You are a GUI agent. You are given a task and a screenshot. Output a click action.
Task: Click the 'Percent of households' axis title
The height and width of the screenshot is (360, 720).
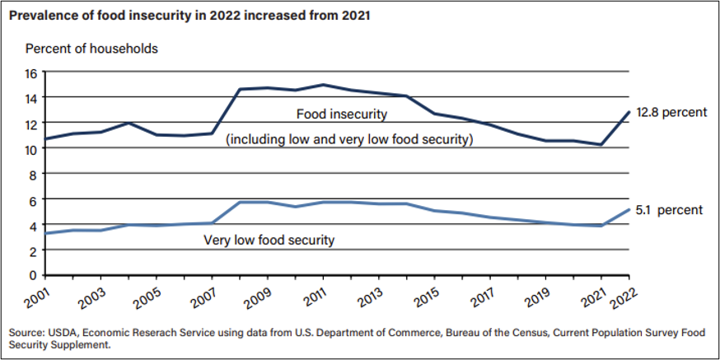pyautogui.click(x=91, y=49)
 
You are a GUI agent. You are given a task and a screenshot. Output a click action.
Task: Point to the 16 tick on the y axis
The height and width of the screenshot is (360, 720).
pyautogui.click(x=31, y=72)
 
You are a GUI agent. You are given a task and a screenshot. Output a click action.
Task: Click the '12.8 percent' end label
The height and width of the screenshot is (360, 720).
pyautogui.click(x=672, y=112)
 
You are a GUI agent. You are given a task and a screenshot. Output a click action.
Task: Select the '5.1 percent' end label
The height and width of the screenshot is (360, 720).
pyautogui.click(x=670, y=210)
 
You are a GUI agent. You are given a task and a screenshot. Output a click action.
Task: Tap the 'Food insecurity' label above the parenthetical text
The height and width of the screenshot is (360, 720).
pyautogui.click(x=341, y=114)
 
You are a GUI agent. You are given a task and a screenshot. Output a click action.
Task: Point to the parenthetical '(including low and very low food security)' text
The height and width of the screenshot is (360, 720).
pyautogui.click(x=349, y=140)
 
